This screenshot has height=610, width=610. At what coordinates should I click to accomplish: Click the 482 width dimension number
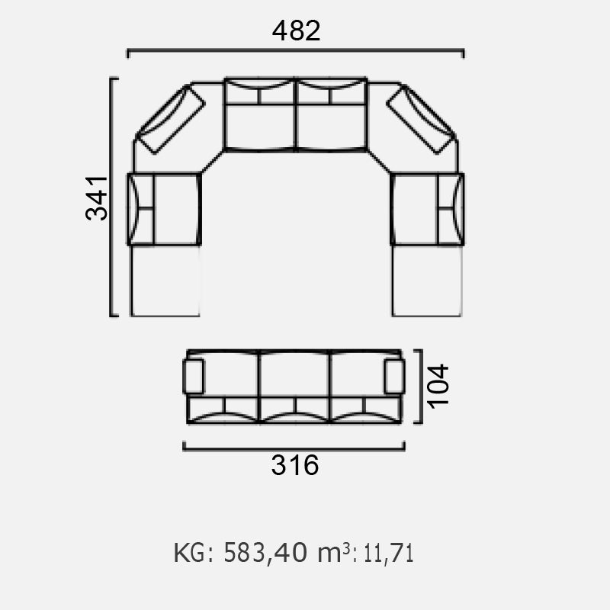tap(296, 30)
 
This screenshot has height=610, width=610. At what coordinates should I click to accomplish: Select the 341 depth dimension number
tap(97, 198)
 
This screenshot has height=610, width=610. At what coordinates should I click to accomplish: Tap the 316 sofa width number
tap(295, 465)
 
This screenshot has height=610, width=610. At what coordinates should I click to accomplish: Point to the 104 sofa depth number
tap(438, 386)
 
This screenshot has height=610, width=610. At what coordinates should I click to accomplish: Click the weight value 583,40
tap(265, 552)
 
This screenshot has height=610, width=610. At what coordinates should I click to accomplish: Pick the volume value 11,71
tap(388, 554)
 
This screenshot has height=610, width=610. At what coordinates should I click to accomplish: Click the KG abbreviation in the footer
tap(189, 552)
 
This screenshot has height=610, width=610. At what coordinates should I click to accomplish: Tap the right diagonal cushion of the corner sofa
tap(421, 119)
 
